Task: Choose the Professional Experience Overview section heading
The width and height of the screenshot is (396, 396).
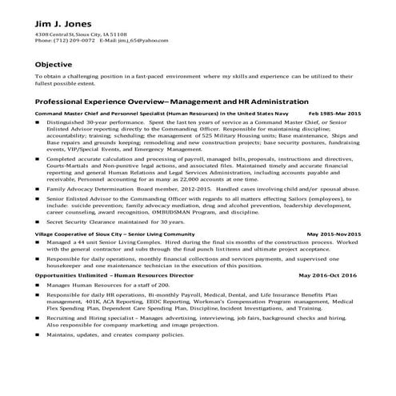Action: coord(171,102)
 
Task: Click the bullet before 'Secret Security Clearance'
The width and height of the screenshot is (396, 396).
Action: coord(40,220)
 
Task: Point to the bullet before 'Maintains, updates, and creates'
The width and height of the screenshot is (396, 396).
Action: coord(40,334)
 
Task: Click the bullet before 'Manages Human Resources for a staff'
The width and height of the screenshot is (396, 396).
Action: coord(40,285)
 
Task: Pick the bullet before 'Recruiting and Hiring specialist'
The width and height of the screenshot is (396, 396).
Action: coord(40,317)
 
